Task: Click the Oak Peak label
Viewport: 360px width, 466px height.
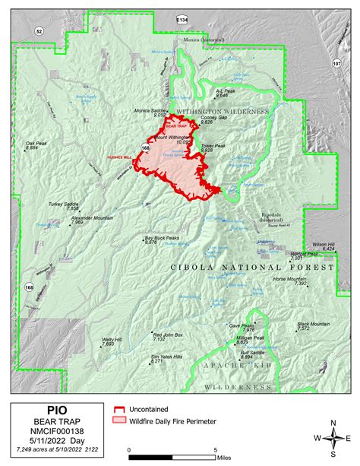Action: pos(36,144)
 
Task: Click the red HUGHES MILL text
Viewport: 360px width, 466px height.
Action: pos(121,155)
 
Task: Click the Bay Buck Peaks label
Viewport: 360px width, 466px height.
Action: pos(162,239)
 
